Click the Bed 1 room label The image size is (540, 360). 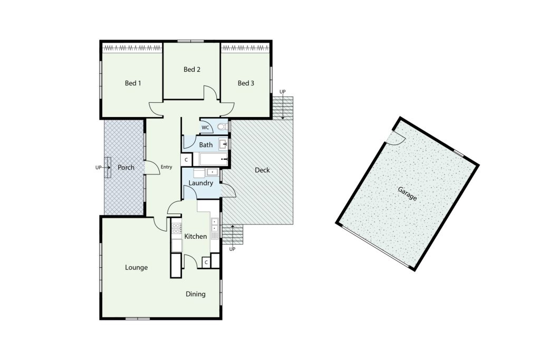coord(133,83)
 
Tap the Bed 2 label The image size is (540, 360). coord(192,69)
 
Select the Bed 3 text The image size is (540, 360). coord(246,83)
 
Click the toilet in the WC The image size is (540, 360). coord(223,127)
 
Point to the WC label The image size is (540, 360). coord(205,128)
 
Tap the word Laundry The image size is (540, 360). coord(201,183)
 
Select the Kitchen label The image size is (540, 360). coord(196,237)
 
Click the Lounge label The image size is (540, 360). coord(137,267)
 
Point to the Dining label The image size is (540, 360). coord(196,294)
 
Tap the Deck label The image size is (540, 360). coord(262,170)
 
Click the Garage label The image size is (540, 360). coord(408,194)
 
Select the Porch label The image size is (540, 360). coord(126,167)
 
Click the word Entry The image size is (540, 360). coord(166,167)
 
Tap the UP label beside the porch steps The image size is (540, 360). coord(99,168)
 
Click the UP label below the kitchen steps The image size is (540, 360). coord(232,249)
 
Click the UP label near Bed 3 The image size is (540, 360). coord(283,92)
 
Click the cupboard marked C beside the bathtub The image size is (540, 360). coord(186,160)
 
